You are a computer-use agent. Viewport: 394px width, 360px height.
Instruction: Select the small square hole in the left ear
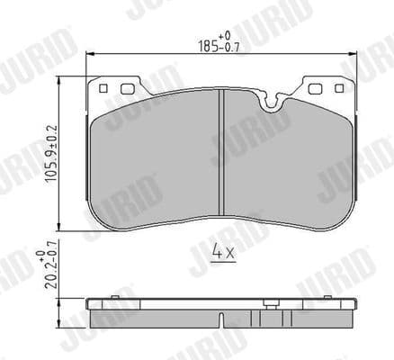(x=104, y=88)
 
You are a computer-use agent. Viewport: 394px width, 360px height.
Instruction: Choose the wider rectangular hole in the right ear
(x=317, y=88)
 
